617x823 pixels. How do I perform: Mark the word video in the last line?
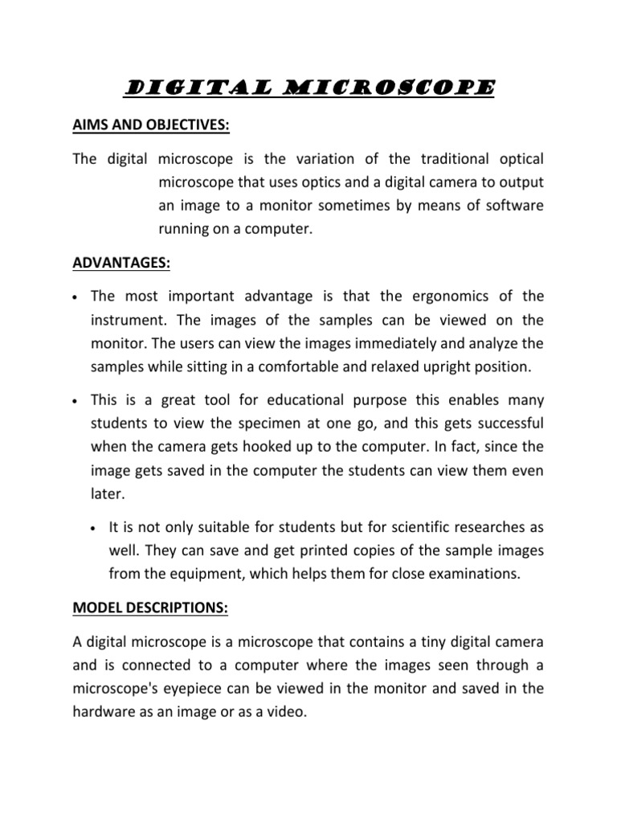[x=287, y=713]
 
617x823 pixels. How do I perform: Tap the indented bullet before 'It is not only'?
[x=95, y=529]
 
